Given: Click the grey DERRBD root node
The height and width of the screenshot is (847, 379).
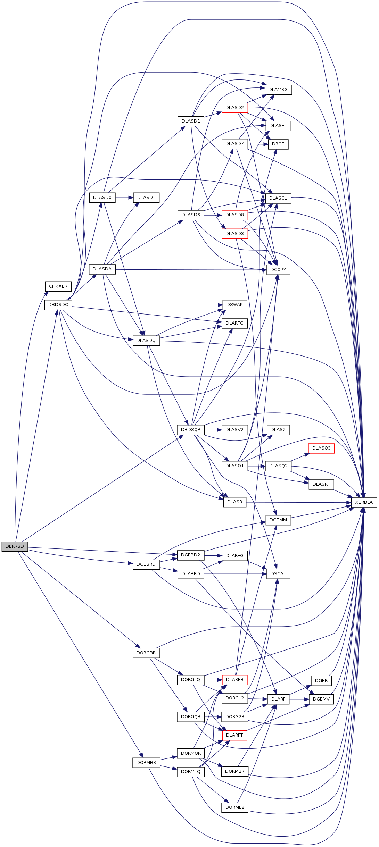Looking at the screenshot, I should point(15,546).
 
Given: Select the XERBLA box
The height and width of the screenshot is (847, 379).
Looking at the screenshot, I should point(364,502).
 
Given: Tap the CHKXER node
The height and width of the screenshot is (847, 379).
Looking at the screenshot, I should point(58,286).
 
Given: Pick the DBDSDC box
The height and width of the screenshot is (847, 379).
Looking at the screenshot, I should point(58,305).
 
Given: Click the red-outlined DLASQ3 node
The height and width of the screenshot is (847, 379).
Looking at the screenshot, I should point(321,448).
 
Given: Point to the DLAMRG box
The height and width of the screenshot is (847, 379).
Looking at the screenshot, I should point(278,90).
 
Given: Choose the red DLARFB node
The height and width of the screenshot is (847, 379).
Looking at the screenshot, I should point(234,679).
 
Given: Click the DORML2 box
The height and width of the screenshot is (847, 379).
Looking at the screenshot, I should point(234,807).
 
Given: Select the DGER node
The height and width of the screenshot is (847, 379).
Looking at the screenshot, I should point(321,680).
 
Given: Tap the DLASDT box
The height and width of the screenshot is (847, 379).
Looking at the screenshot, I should point(146,198).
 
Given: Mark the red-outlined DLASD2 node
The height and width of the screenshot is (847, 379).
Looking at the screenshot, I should point(234,108).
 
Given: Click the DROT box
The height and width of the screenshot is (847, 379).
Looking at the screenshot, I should point(278,144).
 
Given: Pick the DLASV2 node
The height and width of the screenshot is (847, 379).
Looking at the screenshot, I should point(234,430).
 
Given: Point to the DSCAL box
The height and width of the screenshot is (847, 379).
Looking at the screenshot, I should point(278,574).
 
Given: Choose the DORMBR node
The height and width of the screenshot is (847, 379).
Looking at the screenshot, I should point(146,763).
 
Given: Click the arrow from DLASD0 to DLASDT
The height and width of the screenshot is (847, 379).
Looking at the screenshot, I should point(124,198).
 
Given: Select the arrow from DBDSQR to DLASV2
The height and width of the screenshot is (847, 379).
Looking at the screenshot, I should point(213,430).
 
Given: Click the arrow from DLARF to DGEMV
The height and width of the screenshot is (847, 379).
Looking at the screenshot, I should point(299,699).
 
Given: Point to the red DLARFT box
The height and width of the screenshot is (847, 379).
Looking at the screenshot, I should point(234,735).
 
